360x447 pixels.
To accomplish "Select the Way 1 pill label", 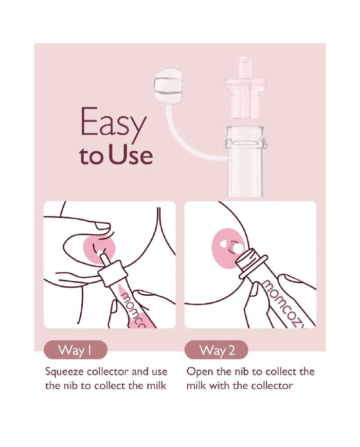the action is tap(76, 350).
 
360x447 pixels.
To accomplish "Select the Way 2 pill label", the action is tap(217, 350).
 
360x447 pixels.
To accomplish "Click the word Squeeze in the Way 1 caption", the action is tap(64, 372).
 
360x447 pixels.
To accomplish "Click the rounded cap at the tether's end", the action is tap(169, 86).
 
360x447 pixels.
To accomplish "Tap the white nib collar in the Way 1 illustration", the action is tap(112, 273).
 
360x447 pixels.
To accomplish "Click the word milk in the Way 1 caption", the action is tap(156, 386).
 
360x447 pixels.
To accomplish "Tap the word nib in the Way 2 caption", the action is tap(242, 372).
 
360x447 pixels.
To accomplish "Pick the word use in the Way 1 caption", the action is tap(159, 372).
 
